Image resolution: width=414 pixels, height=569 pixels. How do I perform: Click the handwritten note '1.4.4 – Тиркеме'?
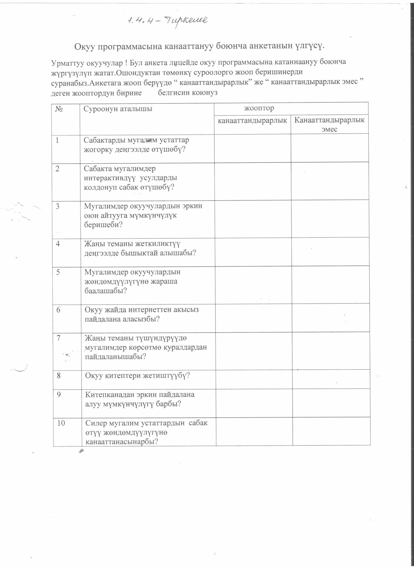[x=168, y=20]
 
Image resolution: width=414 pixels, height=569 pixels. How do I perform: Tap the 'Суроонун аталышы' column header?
[x=118, y=109]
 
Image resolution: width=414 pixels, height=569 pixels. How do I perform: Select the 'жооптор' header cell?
[x=259, y=108]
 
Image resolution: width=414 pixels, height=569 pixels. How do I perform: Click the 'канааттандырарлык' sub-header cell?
[x=252, y=120]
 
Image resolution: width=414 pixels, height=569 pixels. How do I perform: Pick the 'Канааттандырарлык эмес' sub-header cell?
[x=329, y=124]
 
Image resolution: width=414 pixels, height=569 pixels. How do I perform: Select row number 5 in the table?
[x=58, y=272]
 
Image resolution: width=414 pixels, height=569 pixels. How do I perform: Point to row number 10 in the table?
[x=61, y=423]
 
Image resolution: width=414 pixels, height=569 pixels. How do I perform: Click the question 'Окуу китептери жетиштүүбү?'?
[x=137, y=376]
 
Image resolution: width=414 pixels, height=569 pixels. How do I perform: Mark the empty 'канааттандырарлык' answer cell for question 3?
[x=253, y=219]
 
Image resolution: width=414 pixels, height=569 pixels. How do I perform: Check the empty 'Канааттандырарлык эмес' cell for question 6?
[x=331, y=317]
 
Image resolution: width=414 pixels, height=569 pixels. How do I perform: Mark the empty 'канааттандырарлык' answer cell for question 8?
[x=254, y=379]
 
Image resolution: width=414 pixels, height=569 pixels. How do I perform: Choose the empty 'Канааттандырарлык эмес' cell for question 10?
[x=331, y=431]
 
